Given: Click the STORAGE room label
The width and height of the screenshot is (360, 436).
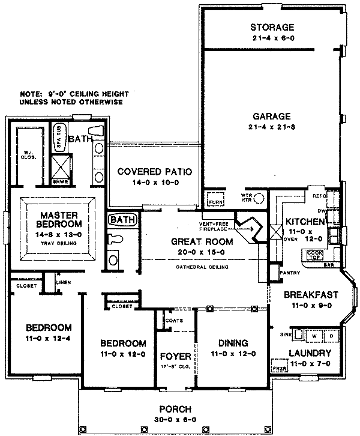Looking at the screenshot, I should [272, 28].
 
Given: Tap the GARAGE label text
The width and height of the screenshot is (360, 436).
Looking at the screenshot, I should [271, 117].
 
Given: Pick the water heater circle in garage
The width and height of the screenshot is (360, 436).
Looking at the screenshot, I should [259, 199].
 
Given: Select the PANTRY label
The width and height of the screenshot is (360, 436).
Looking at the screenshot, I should [290, 272].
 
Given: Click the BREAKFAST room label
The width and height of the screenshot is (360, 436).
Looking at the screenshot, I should [310, 295].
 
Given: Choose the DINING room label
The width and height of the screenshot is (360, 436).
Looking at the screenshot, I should [233, 343].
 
